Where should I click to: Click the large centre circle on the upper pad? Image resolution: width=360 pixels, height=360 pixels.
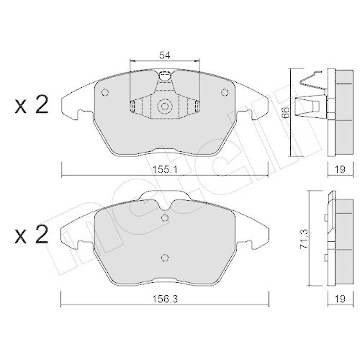pyautogui.click(x=164, y=107)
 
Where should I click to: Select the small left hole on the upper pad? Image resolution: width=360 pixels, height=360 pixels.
pyautogui.click(x=105, y=92)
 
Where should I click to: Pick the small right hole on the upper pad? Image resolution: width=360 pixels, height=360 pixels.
pyautogui.click(x=223, y=92)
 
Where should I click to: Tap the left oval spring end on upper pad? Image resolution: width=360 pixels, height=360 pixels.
pyautogui.click(x=133, y=107)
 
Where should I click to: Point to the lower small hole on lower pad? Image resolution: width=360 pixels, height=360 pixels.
pyautogui.click(x=164, y=258)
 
